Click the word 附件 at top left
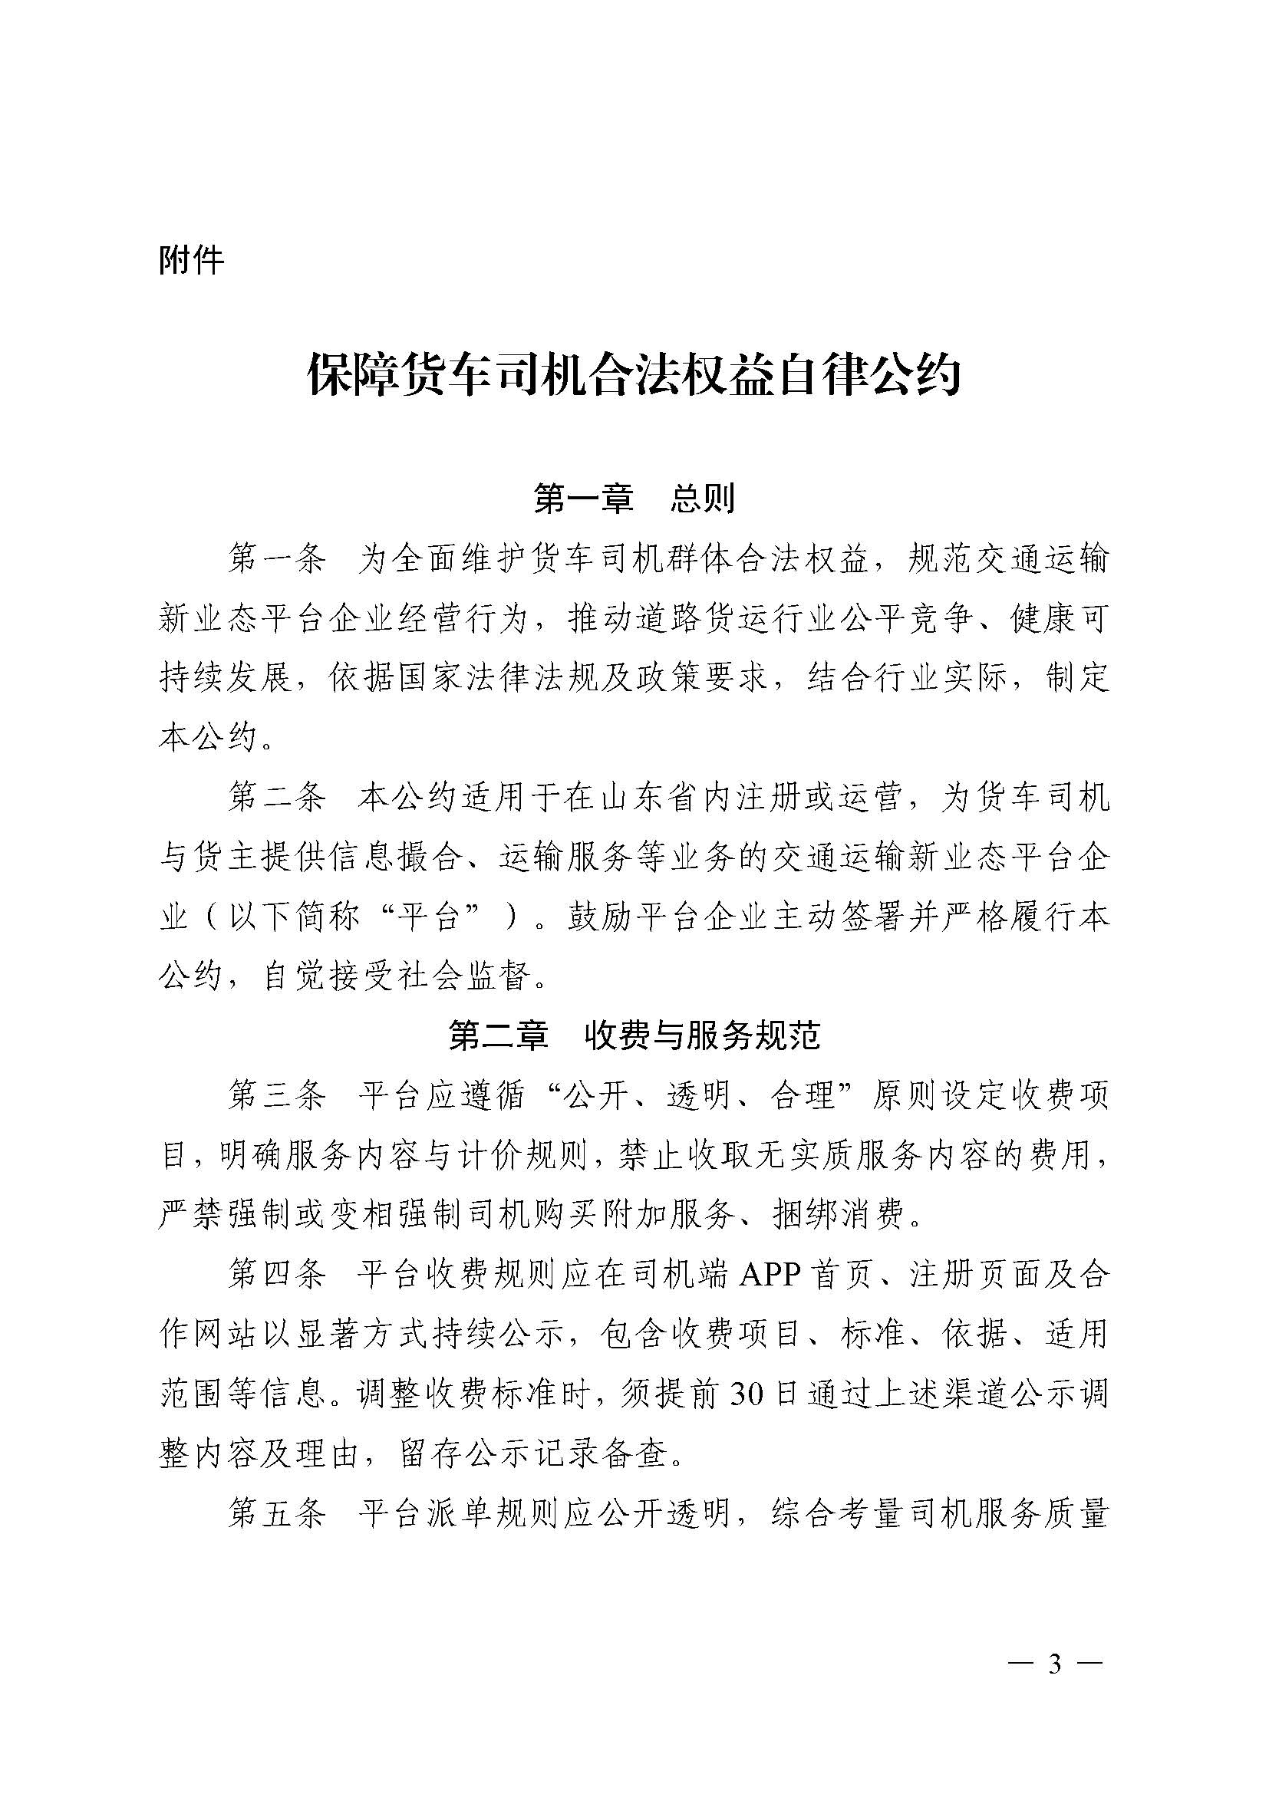(x=192, y=260)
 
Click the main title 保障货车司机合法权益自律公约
(x=634, y=377)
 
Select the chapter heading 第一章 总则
(x=634, y=498)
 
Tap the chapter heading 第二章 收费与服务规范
(x=634, y=1036)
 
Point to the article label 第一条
(x=276, y=559)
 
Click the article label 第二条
(x=276, y=798)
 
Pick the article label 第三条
(x=276, y=1096)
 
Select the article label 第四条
(x=276, y=1276)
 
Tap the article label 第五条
(x=276, y=1513)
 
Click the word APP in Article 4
(x=770, y=1276)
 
